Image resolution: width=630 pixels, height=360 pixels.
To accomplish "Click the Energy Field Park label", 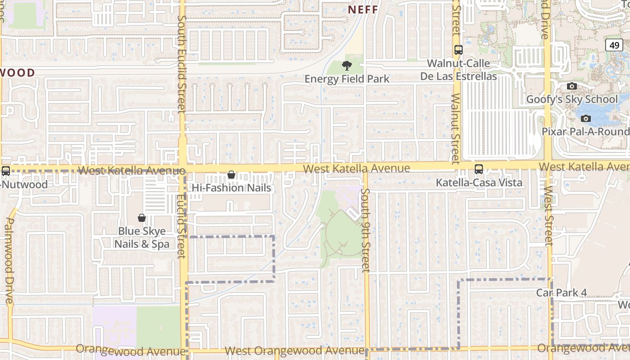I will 347,79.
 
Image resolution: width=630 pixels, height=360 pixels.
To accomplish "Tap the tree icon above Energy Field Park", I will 346,66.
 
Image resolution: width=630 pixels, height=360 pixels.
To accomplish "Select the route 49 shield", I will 614,45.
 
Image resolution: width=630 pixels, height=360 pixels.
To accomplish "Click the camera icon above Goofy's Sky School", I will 572,86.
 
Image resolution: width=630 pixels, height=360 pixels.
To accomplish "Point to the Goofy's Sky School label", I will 572,99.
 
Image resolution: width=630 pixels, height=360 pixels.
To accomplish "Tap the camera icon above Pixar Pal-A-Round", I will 585,118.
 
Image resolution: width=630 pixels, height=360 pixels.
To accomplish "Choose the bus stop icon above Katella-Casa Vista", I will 478,170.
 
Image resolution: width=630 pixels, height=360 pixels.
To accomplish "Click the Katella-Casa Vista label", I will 479,183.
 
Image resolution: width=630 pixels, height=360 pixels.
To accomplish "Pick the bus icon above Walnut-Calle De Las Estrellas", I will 459,50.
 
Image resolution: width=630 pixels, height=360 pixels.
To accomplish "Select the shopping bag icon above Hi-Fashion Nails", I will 231,175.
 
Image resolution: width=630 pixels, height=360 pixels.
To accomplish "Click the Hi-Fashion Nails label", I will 232,188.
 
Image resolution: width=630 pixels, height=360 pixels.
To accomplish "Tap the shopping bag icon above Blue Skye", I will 142,218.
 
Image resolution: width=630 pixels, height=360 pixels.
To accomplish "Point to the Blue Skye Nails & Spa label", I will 142,238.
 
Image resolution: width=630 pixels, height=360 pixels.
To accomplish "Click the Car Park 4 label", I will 562,293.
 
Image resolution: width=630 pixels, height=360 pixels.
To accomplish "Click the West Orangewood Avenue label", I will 295,350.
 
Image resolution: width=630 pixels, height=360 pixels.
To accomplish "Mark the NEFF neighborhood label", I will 363,9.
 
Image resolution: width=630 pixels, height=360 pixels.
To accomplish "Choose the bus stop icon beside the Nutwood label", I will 6,171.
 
